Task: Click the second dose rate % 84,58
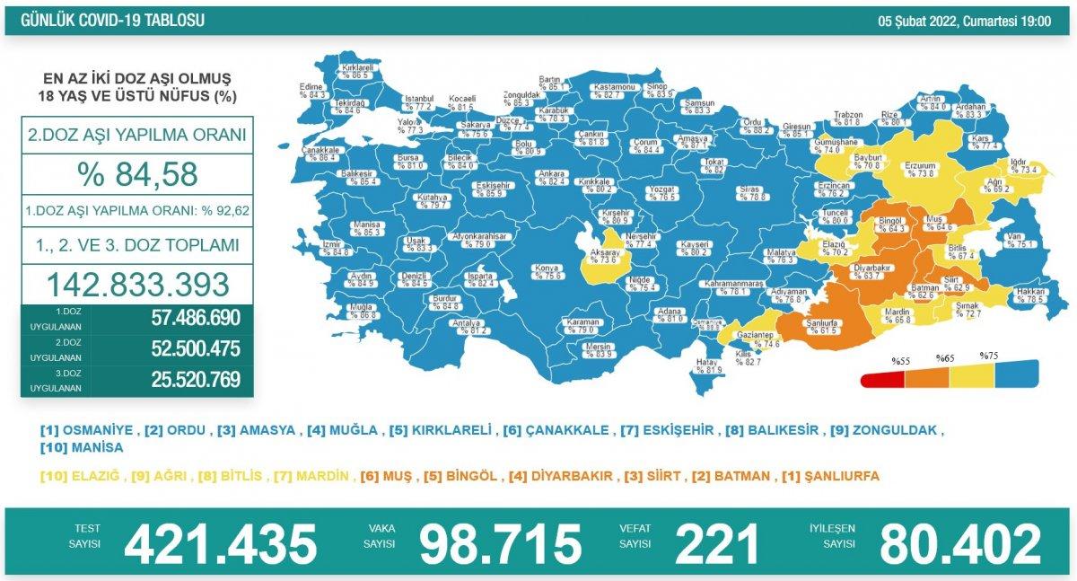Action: (137, 174)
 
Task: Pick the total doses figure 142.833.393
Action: (137, 284)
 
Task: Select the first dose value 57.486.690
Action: (190, 317)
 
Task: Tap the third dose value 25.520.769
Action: (190, 380)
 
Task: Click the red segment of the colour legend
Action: (881, 379)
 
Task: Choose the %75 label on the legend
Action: (989, 357)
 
